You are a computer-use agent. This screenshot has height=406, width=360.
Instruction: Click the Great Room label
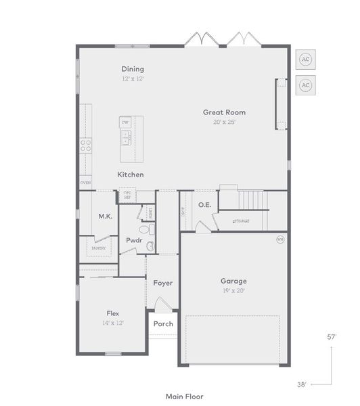[x=224, y=112]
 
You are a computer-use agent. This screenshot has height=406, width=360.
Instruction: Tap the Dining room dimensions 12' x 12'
[x=133, y=79]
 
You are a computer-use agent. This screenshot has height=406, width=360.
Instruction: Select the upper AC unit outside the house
[x=305, y=60]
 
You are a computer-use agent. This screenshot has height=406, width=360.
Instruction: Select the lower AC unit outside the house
[x=305, y=85]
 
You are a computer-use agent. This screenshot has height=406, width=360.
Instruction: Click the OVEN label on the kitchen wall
[x=85, y=183]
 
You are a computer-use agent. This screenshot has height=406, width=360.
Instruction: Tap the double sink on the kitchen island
[x=125, y=138]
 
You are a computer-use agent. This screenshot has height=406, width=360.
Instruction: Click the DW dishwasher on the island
[x=125, y=122]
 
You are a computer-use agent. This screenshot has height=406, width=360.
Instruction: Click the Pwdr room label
[x=133, y=240]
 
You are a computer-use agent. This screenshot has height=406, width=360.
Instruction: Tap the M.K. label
[x=105, y=217]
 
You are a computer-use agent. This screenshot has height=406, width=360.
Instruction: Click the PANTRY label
[x=99, y=248]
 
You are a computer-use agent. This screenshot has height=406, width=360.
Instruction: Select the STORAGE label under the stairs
[x=240, y=221]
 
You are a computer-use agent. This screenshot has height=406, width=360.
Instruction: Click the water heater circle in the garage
[x=280, y=239]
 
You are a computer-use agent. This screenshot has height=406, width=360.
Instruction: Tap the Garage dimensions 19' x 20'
[x=233, y=290]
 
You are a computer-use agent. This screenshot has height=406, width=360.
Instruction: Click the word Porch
[x=163, y=323]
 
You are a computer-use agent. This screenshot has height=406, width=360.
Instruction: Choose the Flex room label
[x=113, y=313]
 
